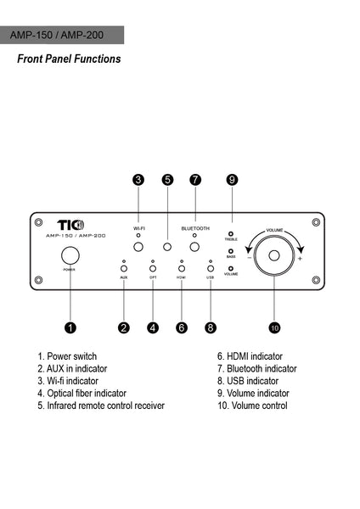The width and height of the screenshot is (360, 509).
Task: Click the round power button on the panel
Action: (70, 255)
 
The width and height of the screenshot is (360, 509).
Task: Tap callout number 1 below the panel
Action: (70, 327)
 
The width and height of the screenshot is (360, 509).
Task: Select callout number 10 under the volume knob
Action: (274, 327)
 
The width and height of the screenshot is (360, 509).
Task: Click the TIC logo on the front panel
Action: (70, 225)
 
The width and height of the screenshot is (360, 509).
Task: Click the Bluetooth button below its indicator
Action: (194, 247)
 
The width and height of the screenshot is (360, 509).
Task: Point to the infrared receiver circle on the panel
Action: (167, 247)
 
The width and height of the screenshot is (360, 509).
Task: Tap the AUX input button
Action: (124, 268)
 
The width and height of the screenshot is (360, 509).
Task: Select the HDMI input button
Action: (182, 268)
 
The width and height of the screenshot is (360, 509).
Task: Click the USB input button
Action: (211, 268)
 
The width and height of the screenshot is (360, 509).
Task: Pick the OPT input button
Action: (153, 268)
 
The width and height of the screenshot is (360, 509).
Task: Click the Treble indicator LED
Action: (231, 234)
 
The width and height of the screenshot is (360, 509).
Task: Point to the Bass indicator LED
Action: (231, 251)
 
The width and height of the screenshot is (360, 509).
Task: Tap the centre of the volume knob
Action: (274, 255)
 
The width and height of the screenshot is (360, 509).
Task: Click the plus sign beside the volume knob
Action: (300, 259)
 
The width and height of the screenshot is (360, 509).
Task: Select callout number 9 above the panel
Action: (232, 180)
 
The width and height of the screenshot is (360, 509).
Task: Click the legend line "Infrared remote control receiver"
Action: (101, 406)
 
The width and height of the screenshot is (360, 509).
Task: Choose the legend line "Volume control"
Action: (252, 406)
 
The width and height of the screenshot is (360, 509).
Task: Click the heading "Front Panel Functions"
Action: (69, 59)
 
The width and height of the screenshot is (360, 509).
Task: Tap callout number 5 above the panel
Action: (167, 180)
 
